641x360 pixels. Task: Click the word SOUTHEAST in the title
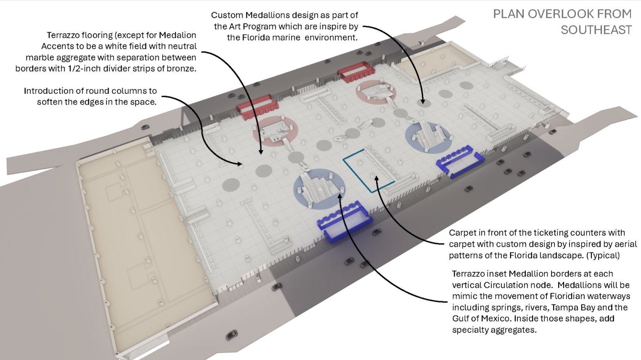(596, 30)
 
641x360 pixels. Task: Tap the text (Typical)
(604, 255)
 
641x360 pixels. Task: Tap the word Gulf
(461, 318)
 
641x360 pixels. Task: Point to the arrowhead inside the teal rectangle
(377, 179)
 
